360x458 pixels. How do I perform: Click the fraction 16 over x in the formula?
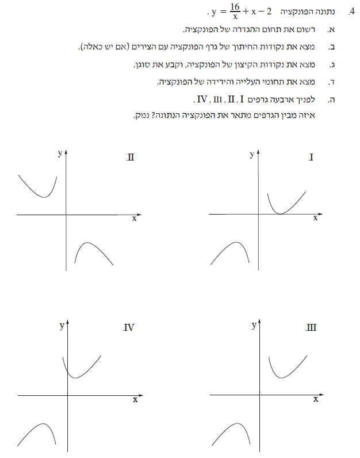pyautogui.click(x=234, y=12)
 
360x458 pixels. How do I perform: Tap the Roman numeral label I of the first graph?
pyautogui.click(x=311, y=157)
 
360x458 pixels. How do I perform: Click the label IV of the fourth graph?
pyautogui.click(x=129, y=328)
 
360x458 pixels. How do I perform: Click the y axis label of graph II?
pyautogui.click(x=60, y=152)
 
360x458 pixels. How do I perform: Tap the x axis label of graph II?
pyautogui.click(x=135, y=219)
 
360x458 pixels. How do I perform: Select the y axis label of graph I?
pyautogui.click(x=252, y=154)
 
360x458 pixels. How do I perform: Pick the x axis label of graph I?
pyautogui.click(x=315, y=218)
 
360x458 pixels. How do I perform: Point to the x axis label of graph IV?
pyautogui.click(x=135, y=399)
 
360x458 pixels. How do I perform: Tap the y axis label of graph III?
pyautogui.click(x=254, y=326)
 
